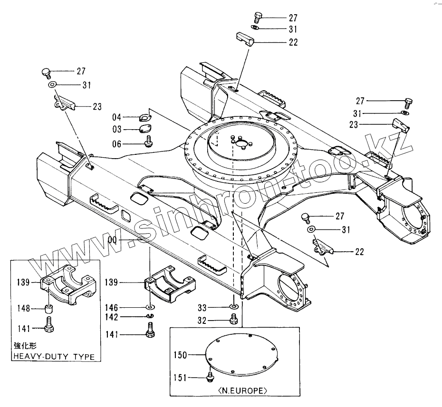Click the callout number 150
click(180, 354)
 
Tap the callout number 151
click(180, 378)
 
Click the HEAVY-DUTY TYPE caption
click(54, 357)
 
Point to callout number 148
click(25, 309)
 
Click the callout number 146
click(112, 308)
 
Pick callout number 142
click(112, 317)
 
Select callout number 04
click(117, 117)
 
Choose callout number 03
click(117, 129)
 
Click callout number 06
click(117, 144)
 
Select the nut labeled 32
click(233, 321)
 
